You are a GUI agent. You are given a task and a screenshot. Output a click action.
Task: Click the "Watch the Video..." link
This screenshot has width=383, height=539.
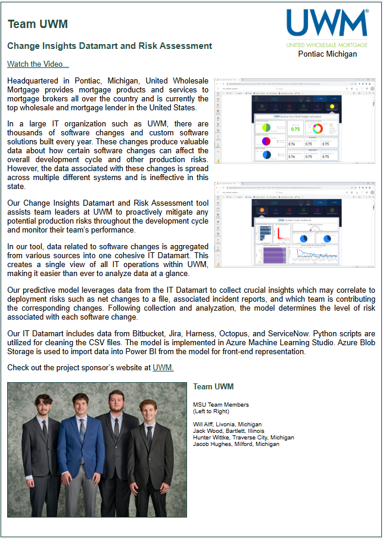[x=38, y=64]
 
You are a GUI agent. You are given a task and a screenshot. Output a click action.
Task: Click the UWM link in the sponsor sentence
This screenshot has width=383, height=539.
[x=163, y=367]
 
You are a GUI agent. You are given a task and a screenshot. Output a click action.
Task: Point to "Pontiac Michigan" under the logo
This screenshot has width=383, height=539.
[x=328, y=54]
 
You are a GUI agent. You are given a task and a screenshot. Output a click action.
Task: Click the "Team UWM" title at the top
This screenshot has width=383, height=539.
[x=38, y=24]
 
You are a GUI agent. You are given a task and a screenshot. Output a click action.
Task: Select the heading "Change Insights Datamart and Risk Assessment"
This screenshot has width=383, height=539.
[x=110, y=45]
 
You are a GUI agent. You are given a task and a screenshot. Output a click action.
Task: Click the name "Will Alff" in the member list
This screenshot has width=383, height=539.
[x=204, y=425]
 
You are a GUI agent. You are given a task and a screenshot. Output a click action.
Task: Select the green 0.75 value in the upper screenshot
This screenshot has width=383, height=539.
[x=295, y=128]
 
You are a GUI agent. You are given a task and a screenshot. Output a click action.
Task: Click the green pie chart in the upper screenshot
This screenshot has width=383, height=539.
[x=266, y=128]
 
